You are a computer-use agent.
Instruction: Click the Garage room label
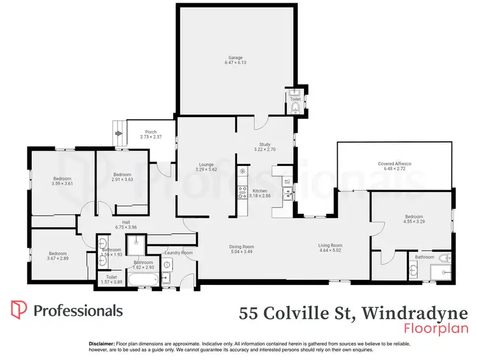pos(235,58)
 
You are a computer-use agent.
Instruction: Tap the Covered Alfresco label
pos(394,163)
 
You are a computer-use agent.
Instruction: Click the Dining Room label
pos(241,247)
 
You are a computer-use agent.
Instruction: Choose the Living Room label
pos(331,246)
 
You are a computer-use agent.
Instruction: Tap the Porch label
pos(151,132)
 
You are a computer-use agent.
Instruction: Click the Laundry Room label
pos(178,253)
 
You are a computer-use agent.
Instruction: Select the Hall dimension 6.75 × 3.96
pos(127,227)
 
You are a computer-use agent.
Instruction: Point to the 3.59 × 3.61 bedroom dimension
pos(62,184)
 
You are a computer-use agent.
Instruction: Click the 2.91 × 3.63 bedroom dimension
pos(122,179)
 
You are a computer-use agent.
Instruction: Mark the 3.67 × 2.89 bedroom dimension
pos(57,259)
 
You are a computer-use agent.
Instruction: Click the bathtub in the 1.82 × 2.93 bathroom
pos(141,279)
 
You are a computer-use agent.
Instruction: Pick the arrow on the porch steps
pos(118,133)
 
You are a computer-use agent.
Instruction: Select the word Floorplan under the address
pos(436,328)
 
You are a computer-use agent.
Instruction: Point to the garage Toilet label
pos(295,99)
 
